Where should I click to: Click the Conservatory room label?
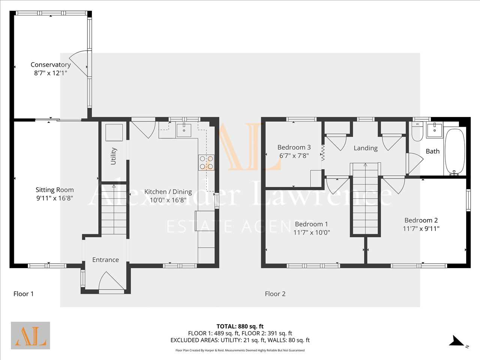(x=51, y=65)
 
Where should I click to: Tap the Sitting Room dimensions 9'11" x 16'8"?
(x=55, y=198)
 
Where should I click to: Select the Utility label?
(x=114, y=156)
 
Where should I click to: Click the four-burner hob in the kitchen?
(x=206, y=162)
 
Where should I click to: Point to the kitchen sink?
(x=184, y=130)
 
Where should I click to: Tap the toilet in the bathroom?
(x=417, y=132)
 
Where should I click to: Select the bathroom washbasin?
(x=435, y=130)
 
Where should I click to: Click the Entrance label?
(x=106, y=259)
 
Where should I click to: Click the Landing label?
(x=366, y=148)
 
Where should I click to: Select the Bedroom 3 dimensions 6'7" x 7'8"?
(x=294, y=156)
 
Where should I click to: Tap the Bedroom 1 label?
(x=311, y=224)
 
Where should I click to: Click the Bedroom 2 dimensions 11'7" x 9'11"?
(x=421, y=229)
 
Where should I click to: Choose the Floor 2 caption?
(x=275, y=294)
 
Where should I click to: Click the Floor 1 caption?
(x=24, y=294)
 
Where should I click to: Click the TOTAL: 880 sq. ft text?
(x=240, y=326)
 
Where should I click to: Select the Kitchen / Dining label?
(x=168, y=192)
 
